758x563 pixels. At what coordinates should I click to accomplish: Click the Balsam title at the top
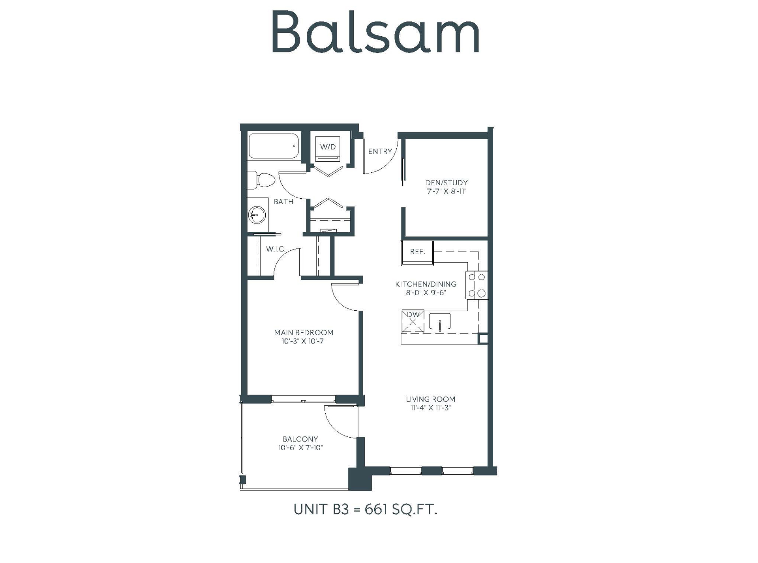coord(375,32)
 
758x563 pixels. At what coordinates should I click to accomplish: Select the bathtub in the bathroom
coord(274,146)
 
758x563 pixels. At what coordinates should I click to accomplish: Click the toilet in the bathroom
coord(261,180)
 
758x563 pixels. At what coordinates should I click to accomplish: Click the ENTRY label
coord(380,151)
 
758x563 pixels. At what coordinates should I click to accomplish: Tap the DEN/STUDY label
coord(446,183)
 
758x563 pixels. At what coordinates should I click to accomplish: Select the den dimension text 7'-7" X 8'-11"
coord(446,192)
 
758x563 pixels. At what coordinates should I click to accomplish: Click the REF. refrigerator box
coord(417,252)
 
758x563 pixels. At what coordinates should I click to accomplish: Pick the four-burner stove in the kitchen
coord(477,285)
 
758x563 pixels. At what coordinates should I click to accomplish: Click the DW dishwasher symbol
coord(413,321)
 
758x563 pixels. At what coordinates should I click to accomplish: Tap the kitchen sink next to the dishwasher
coord(440,322)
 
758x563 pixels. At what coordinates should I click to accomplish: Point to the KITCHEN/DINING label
coord(426,284)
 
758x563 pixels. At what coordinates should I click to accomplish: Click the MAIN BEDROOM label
coord(304,332)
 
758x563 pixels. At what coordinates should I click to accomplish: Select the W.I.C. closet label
coord(276,249)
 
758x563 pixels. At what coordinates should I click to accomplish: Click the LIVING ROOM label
coord(430,399)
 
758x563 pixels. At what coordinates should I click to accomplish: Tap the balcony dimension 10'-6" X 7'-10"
coord(300,447)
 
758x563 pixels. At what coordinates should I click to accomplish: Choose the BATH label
coord(283,202)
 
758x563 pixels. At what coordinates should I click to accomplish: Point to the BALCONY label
coord(300,439)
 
